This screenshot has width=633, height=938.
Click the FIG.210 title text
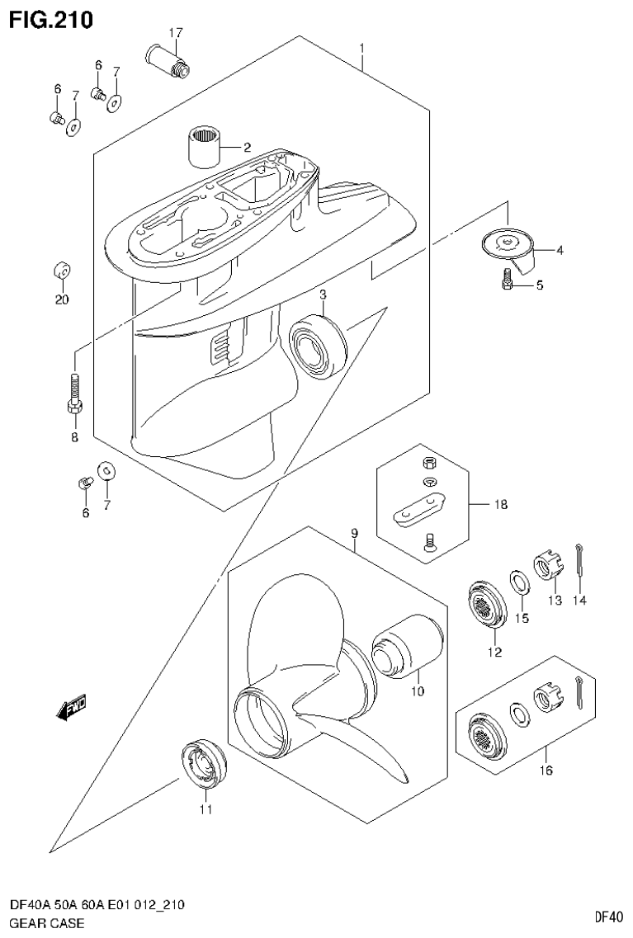tap(50, 17)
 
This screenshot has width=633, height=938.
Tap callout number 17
tap(175, 33)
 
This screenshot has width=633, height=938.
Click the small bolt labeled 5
tap(508, 282)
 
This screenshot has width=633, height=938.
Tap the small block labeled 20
tap(62, 271)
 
